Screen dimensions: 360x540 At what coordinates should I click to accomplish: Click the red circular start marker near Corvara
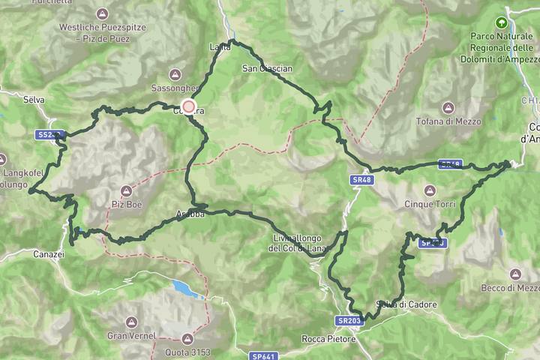(188, 107)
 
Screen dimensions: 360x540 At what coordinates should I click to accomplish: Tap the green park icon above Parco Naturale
(500, 22)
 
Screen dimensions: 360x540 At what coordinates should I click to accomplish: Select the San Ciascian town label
(266, 68)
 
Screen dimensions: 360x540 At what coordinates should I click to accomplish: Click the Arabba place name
(190, 214)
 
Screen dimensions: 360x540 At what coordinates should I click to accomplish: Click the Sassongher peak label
(174, 87)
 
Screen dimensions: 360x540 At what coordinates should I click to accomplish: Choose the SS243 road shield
(48, 135)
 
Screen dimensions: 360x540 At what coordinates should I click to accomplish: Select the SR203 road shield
(349, 320)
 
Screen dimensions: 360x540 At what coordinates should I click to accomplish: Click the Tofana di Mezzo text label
(450, 121)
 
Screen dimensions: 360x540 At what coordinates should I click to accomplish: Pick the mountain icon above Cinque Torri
(430, 190)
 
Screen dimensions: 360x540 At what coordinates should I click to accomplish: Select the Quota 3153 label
(185, 352)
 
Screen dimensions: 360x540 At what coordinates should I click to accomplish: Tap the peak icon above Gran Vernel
(131, 321)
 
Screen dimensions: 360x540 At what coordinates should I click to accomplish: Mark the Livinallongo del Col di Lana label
(298, 243)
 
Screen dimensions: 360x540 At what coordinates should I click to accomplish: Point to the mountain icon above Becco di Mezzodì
(514, 274)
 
